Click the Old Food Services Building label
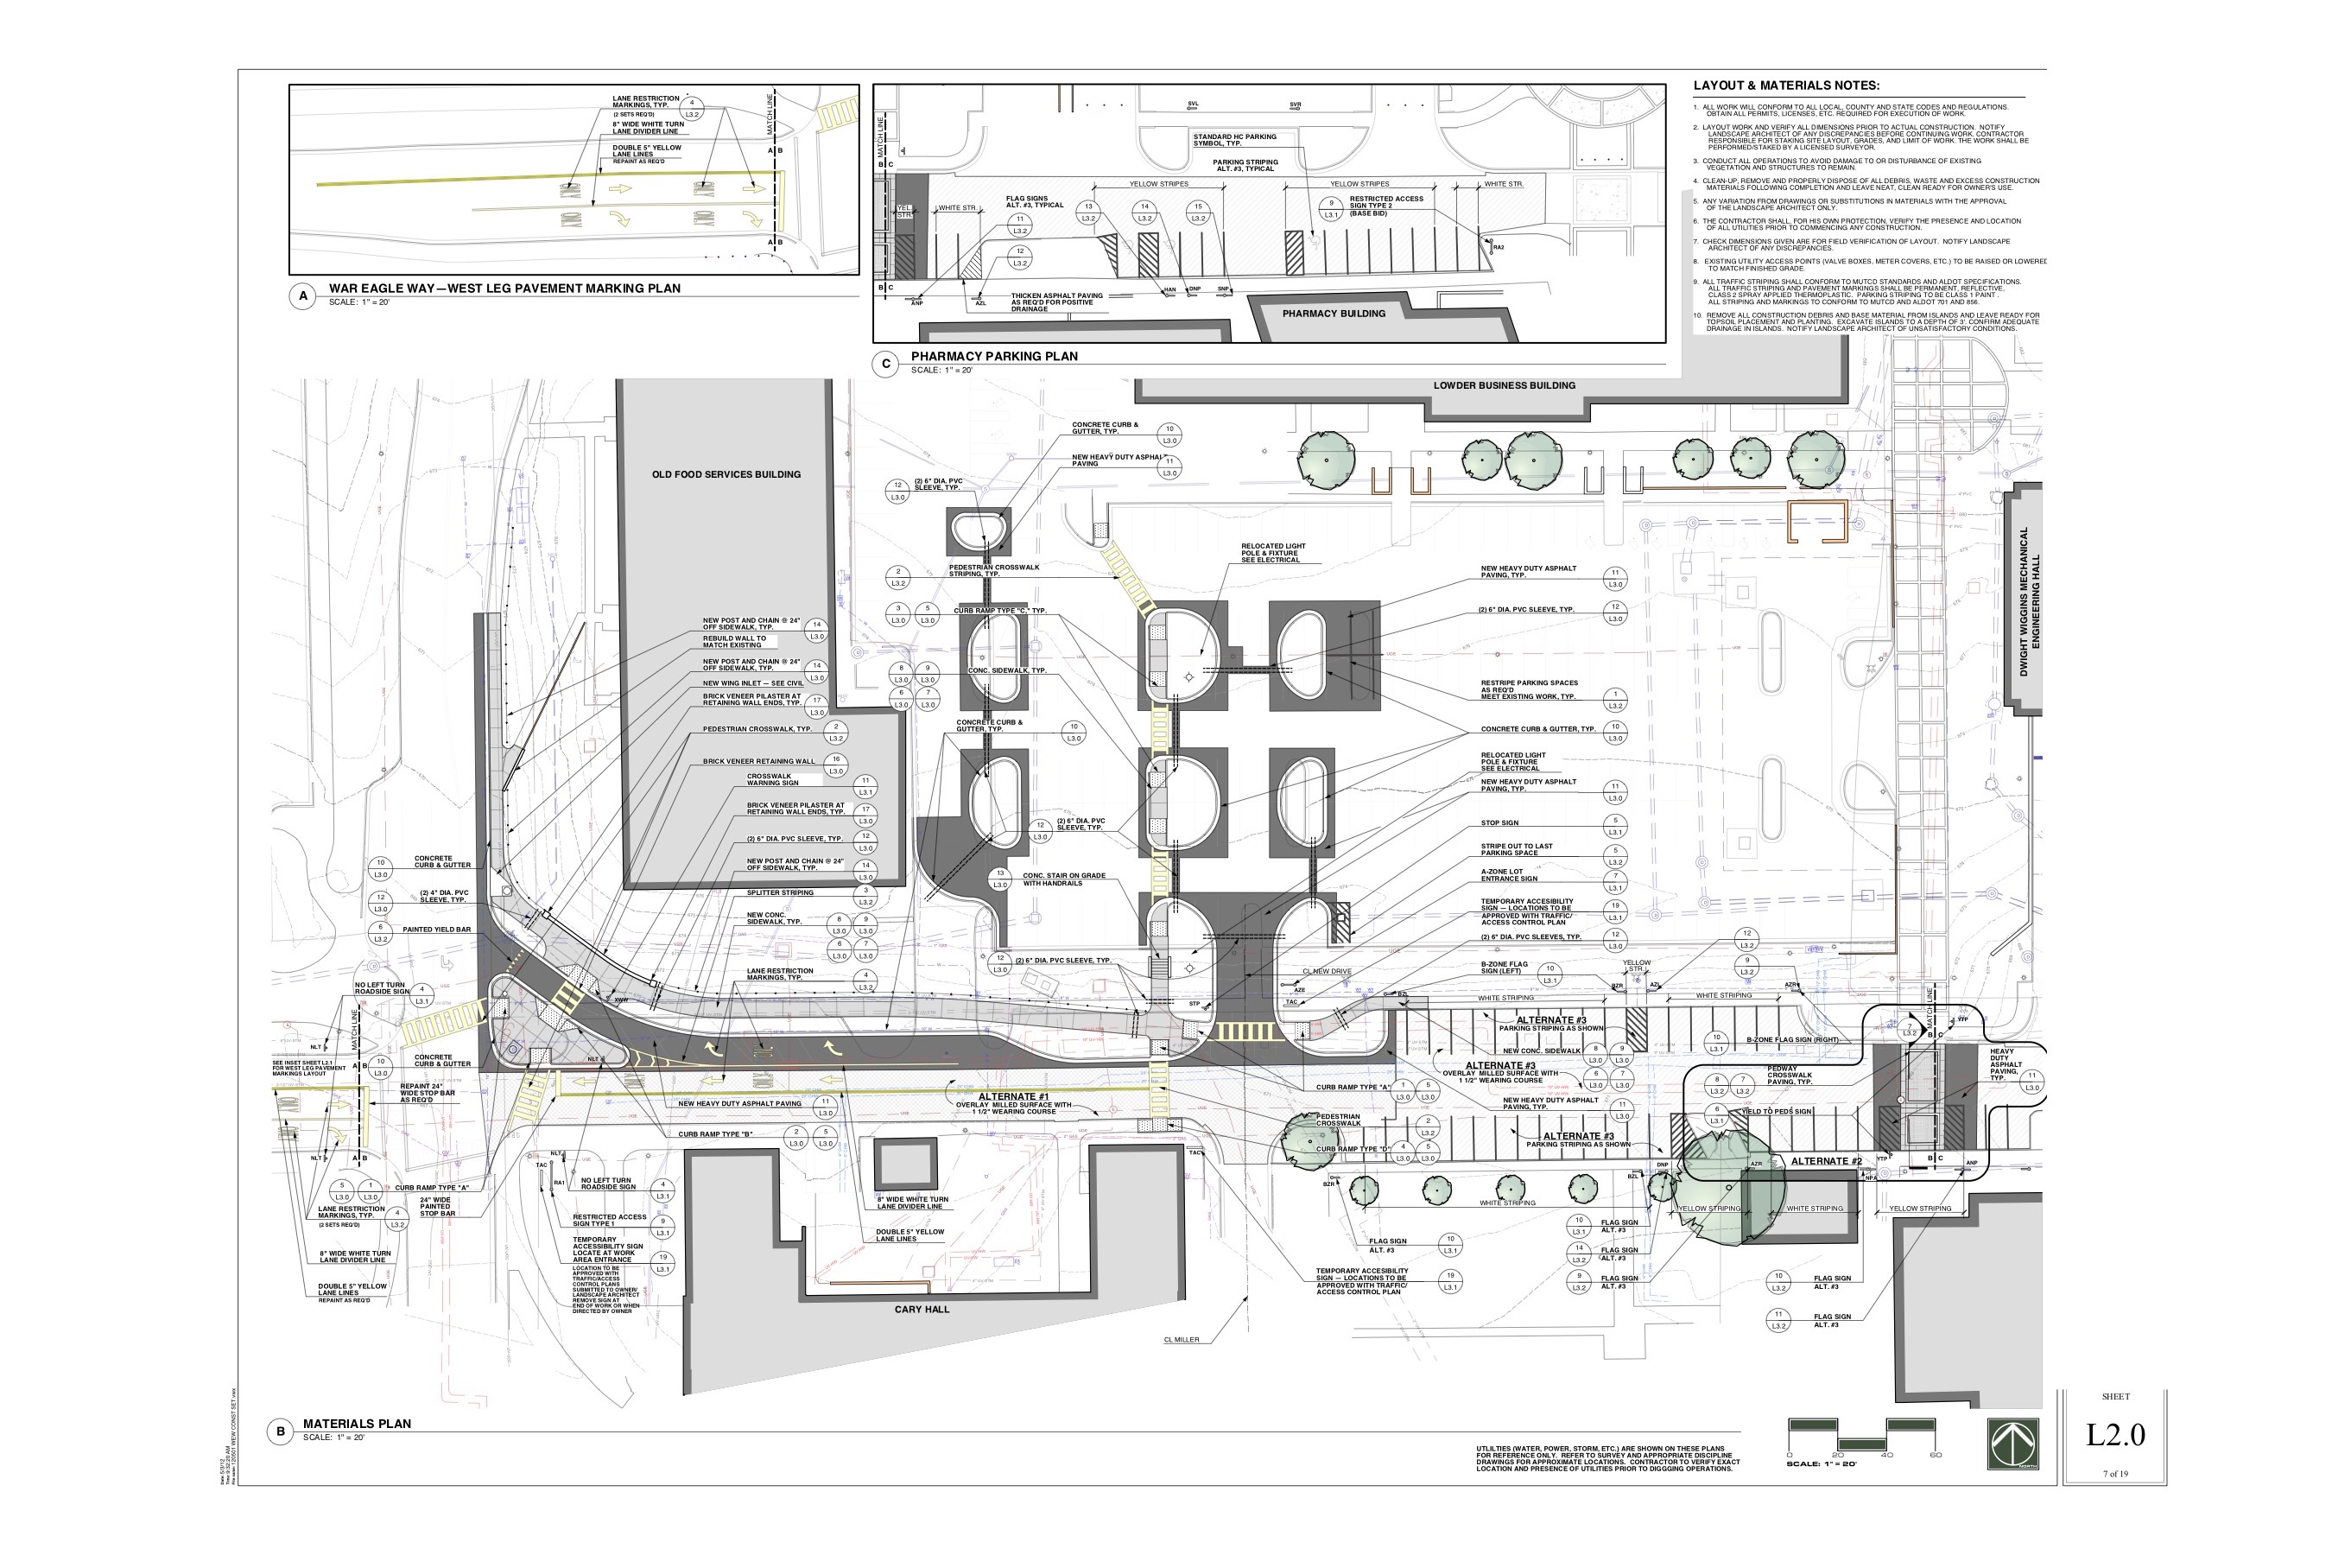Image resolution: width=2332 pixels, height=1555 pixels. point(726,474)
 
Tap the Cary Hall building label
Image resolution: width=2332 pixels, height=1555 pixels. point(921,1309)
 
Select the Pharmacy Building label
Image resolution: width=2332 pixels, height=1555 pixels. point(1333,314)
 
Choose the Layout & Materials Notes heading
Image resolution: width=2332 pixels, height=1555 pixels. point(1785,86)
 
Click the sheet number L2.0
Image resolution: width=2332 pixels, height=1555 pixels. point(2115,1434)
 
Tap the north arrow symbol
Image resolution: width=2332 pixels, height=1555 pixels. point(2012,1444)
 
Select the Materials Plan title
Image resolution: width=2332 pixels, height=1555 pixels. point(357,1423)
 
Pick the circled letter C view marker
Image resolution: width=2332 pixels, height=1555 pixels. point(885,364)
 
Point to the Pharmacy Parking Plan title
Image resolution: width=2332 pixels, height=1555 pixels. point(993,356)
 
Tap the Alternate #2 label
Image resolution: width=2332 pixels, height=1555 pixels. point(1825,1160)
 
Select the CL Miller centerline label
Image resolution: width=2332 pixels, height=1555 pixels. point(1181,1340)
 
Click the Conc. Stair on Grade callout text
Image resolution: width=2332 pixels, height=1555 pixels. point(1064,879)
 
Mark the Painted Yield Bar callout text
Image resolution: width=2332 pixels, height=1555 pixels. point(436,930)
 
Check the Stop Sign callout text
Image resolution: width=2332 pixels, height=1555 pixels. point(1499,823)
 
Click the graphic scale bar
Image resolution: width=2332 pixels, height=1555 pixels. point(1861,1435)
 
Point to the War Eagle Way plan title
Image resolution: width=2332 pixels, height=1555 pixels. point(504,289)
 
